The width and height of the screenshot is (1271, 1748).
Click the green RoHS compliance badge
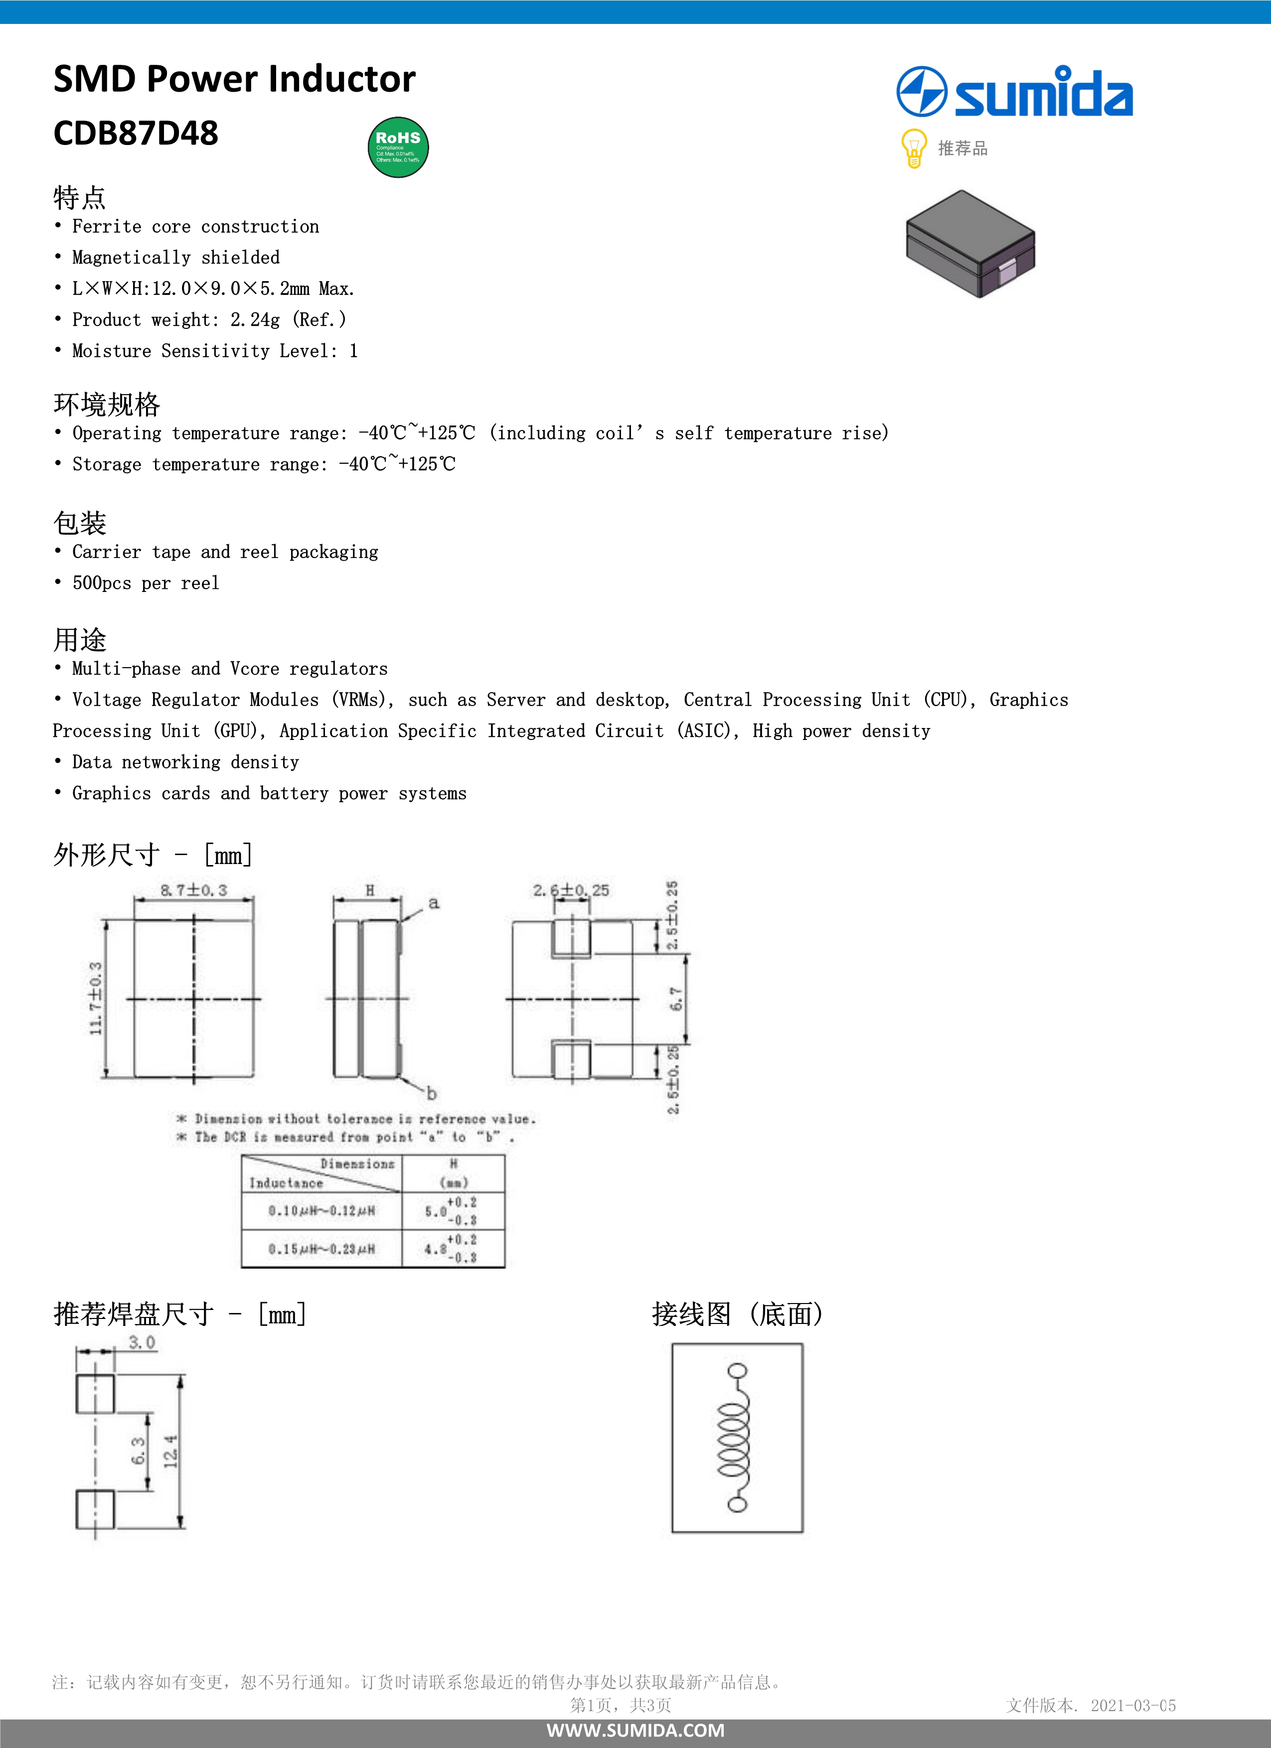pos(398,147)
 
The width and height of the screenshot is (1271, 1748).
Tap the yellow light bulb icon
pos(913,148)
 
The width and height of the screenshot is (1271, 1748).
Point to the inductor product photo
pos(970,244)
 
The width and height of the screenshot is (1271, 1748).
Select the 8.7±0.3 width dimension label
pos(193,890)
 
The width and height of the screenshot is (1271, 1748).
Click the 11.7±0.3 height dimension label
pos(96,998)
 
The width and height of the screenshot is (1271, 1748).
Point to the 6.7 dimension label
pos(676,999)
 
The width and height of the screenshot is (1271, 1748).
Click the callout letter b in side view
pos(432,1093)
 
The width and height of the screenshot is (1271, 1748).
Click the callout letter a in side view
pos(434,902)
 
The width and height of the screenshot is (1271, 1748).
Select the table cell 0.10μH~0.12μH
pos(321,1211)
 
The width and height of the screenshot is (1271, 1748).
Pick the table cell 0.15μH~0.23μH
pos(321,1249)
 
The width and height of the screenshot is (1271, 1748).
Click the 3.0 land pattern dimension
pos(142,1342)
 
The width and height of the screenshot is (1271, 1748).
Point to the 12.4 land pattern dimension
pos(171,1452)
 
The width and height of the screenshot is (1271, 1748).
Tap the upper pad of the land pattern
pos(95,1394)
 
